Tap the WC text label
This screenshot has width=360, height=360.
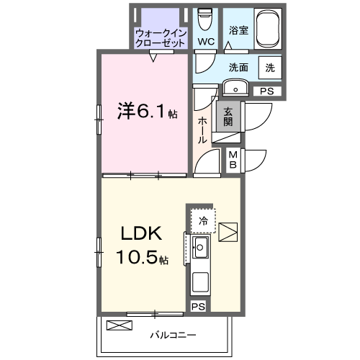pyautogui.click(x=207, y=42)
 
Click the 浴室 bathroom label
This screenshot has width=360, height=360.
pyautogui.click(x=239, y=32)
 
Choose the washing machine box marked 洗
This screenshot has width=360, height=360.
pyautogui.click(x=270, y=68)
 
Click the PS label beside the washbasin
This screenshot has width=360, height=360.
pyautogui.click(x=267, y=91)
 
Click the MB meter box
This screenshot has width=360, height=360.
pyautogui.click(x=234, y=160)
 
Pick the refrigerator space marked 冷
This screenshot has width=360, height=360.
pyautogui.click(x=203, y=220)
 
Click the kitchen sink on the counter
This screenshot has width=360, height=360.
pyautogui.click(x=199, y=250)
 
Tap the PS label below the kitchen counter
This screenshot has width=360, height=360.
pyautogui.click(x=198, y=306)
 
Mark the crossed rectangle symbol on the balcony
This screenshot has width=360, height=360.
pyautogui.click(x=120, y=325)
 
